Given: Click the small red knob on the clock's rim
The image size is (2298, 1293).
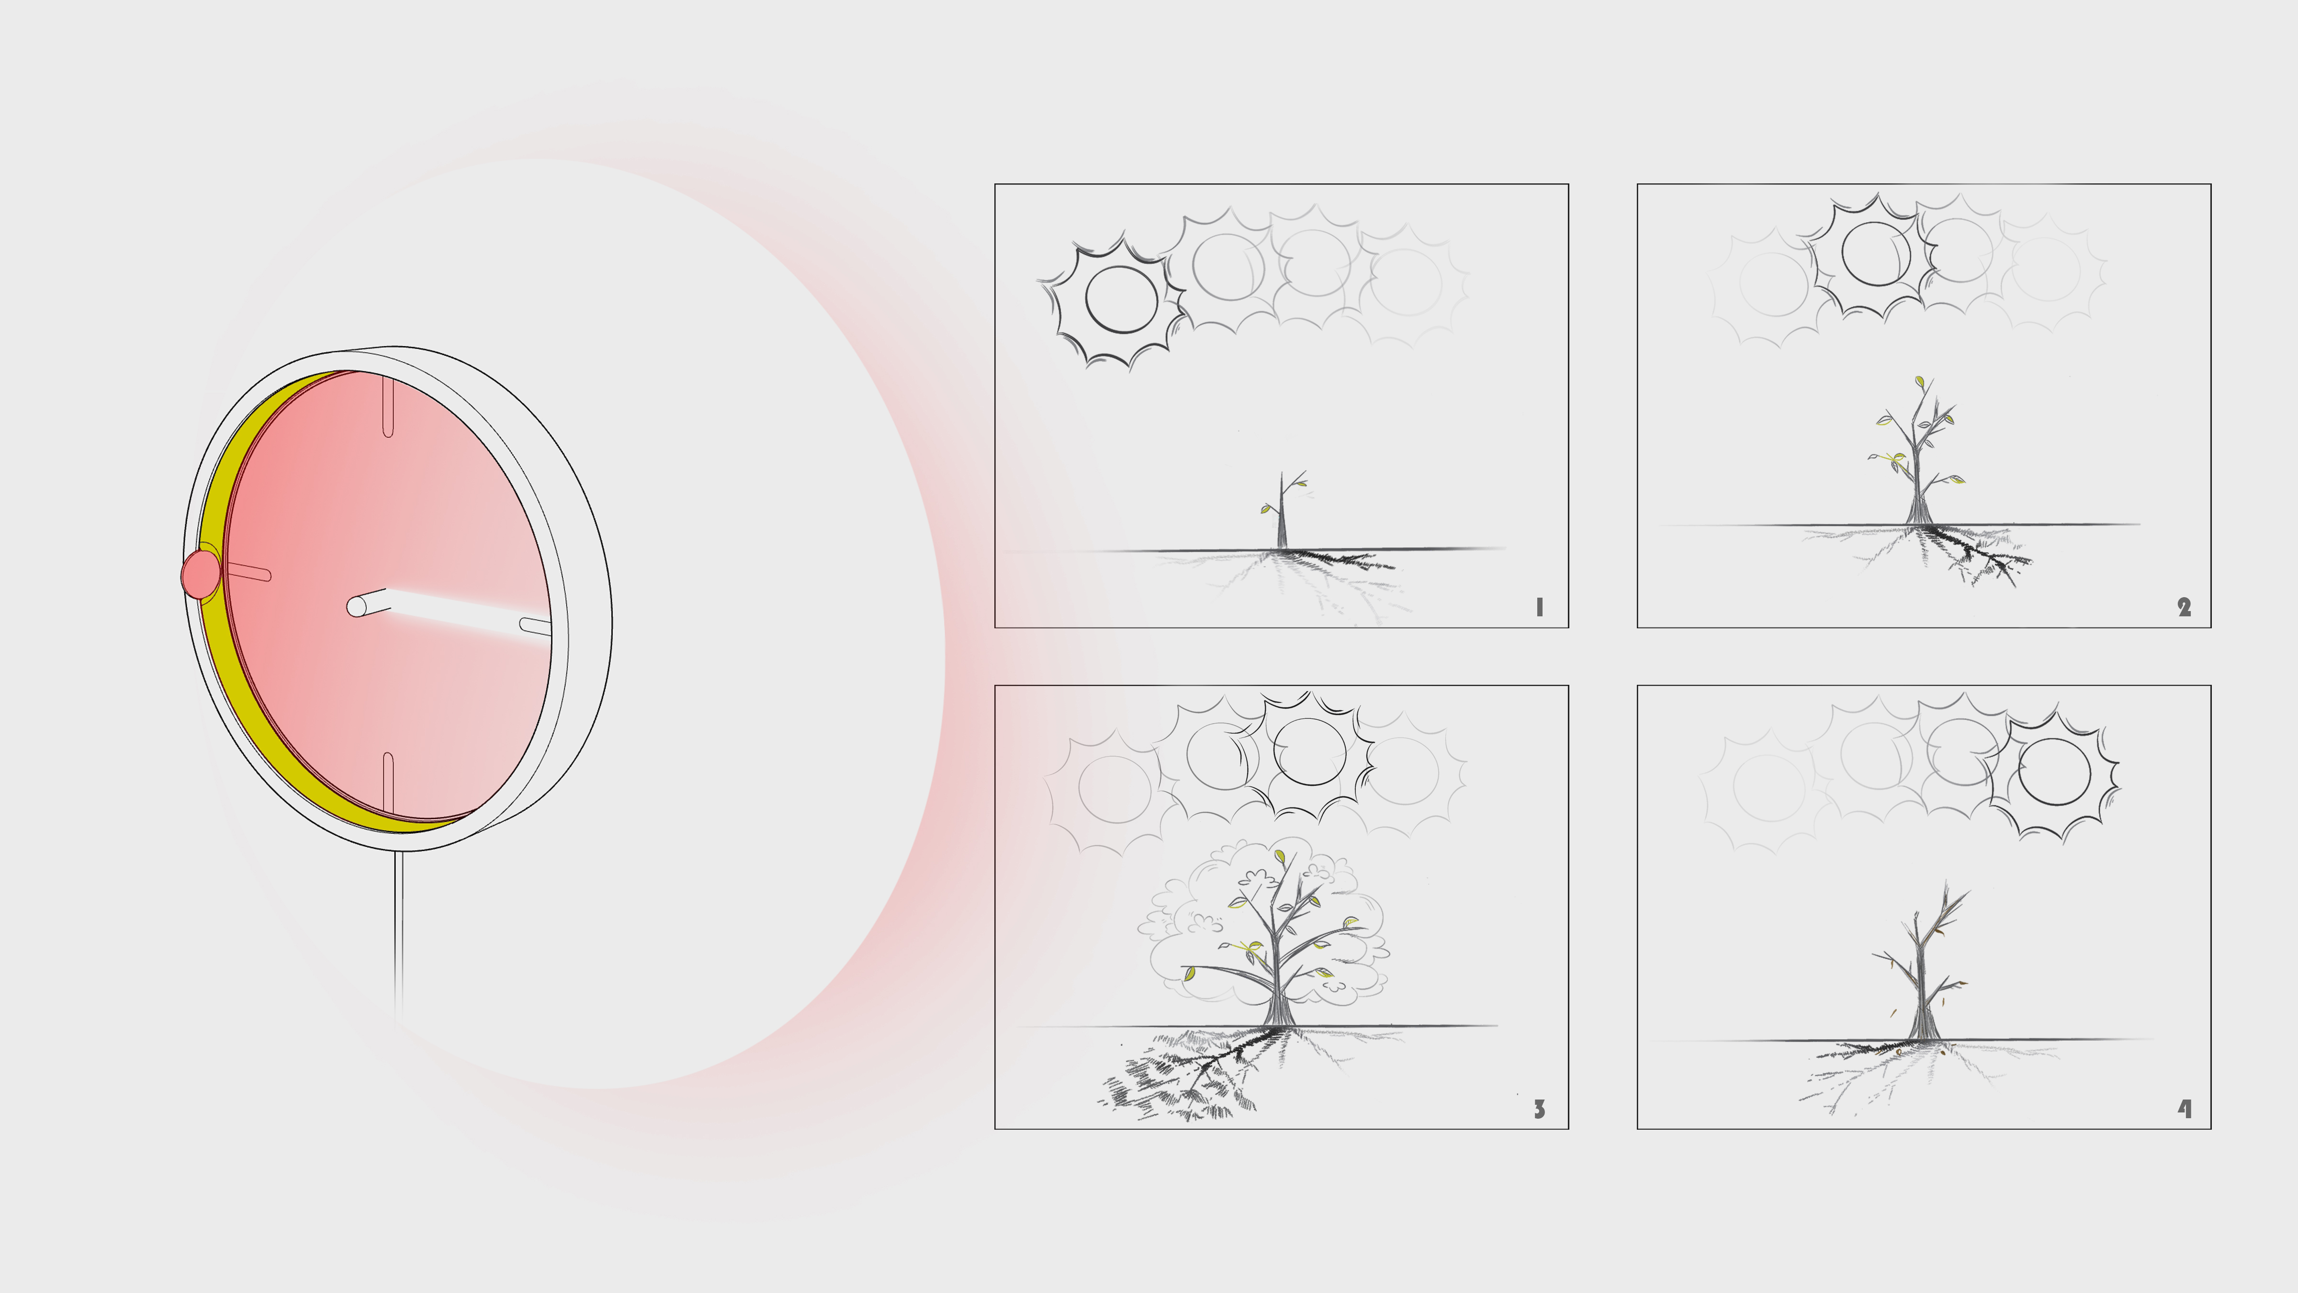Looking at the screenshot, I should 200,574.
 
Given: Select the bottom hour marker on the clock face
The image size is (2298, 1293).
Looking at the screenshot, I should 388,782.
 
